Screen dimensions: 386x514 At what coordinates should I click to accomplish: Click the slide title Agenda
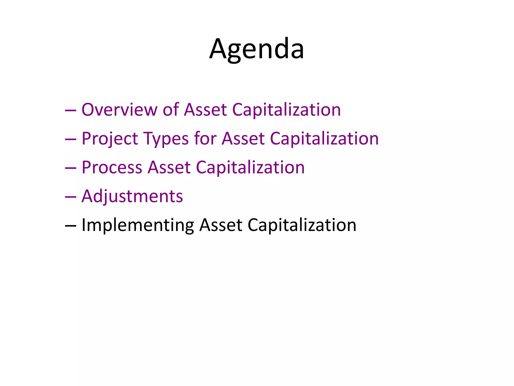click(x=256, y=49)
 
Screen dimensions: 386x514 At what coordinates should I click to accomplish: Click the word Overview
click(x=119, y=110)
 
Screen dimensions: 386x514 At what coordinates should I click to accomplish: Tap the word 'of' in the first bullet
click(x=171, y=110)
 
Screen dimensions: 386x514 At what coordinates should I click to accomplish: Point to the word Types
click(x=166, y=139)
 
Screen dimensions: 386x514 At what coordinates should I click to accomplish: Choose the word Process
click(x=112, y=167)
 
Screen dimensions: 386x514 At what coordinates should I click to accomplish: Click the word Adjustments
click(x=132, y=197)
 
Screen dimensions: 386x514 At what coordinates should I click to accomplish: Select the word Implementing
click(x=138, y=225)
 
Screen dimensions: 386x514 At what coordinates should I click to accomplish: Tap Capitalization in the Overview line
click(x=286, y=110)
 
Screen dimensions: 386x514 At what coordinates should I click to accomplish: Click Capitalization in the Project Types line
click(x=324, y=139)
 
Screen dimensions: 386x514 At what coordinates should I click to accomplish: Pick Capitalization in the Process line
click(x=250, y=167)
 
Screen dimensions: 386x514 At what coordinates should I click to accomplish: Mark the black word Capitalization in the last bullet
click(x=302, y=225)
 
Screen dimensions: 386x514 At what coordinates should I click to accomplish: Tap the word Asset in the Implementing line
click(x=221, y=225)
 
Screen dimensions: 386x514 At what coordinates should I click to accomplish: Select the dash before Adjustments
click(x=71, y=197)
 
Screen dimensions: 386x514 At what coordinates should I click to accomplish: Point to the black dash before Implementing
click(x=71, y=226)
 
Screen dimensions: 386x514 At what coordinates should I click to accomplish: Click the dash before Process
click(x=71, y=168)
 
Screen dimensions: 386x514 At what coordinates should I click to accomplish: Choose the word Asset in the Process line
click(x=169, y=167)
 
